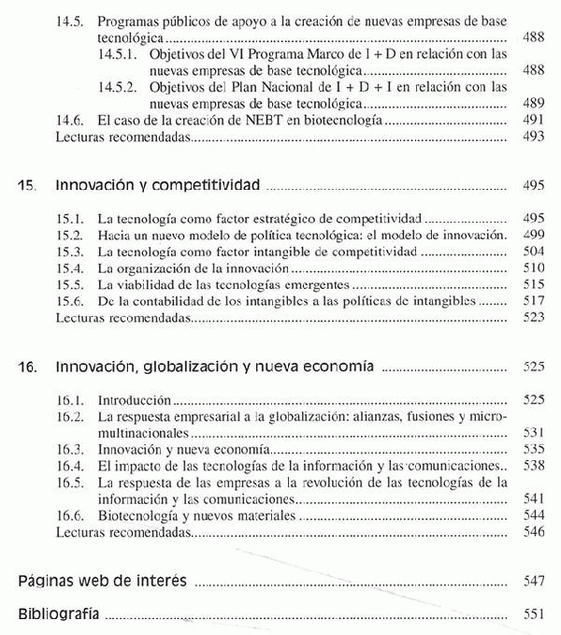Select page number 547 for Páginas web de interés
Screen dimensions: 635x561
click(x=534, y=582)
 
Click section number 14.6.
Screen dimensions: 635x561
click(x=71, y=121)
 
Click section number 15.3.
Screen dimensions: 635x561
click(x=71, y=252)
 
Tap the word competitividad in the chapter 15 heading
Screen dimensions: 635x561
click(x=201, y=185)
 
